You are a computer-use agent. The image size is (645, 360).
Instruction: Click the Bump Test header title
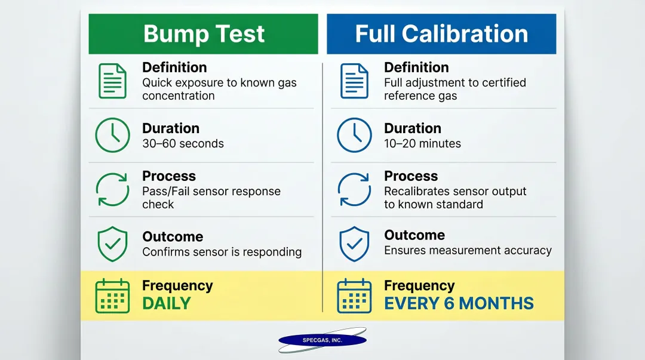pos(204,34)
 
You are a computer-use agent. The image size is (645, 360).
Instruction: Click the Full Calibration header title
pos(441,34)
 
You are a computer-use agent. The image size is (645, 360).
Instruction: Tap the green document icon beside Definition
pos(112,81)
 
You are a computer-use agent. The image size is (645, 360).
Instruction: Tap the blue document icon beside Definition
pos(354,81)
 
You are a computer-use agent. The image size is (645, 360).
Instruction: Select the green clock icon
pos(112,135)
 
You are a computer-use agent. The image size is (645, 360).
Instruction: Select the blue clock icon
pos(354,135)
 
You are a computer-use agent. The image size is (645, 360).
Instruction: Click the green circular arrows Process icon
pos(112,189)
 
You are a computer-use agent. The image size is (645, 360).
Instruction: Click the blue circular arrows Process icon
pos(354,189)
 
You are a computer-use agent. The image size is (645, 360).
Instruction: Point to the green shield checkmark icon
pos(112,244)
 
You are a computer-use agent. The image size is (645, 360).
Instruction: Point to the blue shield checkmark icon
pos(354,244)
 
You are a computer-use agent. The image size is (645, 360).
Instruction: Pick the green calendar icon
pos(112,296)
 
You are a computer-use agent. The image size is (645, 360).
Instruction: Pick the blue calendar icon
pos(354,296)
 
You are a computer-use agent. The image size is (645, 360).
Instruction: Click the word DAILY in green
pos(166,303)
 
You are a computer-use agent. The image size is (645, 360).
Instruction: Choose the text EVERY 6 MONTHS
pos(459,303)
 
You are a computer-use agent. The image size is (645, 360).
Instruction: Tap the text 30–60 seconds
pos(183,144)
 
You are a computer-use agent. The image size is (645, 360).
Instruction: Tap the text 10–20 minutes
pos(422,144)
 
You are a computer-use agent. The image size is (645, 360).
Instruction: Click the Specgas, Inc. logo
pos(322,340)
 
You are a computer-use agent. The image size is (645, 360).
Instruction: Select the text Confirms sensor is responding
pos(222,252)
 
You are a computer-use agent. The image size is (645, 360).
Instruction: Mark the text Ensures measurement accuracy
pos(468,251)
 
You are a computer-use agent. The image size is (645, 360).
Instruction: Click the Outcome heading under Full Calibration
pos(414,235)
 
